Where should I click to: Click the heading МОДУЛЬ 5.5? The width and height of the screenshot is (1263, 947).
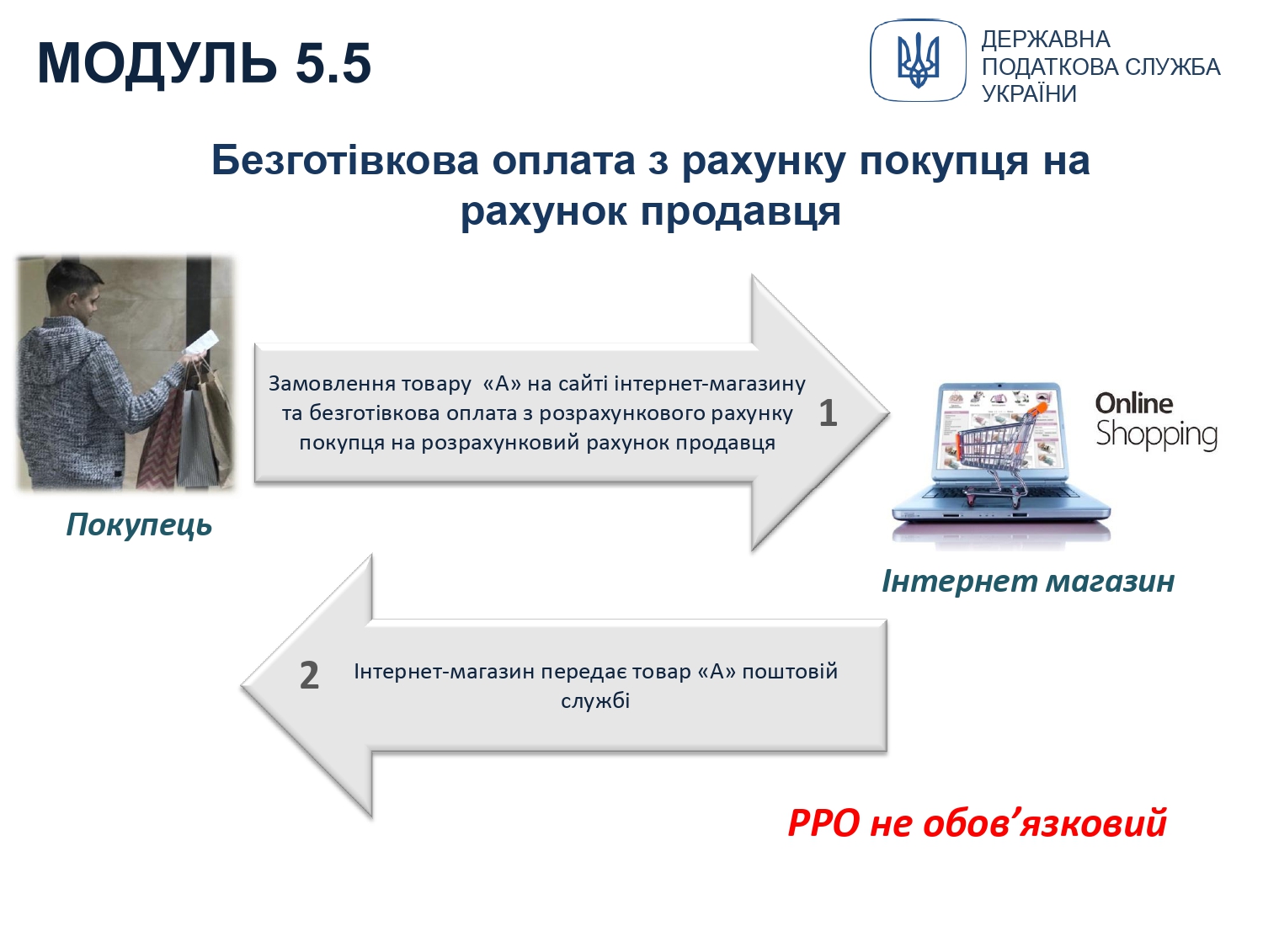pyautogui.click(x=205, y=63)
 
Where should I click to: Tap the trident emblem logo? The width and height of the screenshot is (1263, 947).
pyautogui.click(x=918, y=61)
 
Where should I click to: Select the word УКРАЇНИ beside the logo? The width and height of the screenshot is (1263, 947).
pyautogui.click(x=1029, y=94)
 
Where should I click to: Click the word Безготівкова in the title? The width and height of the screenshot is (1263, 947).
pyautogui.click(x=344, y=160)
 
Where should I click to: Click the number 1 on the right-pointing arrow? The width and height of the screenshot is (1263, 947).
pyautogui.click(x=828, y=413)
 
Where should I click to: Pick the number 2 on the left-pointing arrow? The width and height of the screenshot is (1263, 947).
pyautogui.click(x=309, y=675)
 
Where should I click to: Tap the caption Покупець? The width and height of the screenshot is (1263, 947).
pyautogui.click(x=139, y=525)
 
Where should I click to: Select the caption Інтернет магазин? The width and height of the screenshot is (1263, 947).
pyautogui.click(x=1028, y=581)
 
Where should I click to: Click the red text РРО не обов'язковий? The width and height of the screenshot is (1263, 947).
pyautogui.click(x=977, y=822)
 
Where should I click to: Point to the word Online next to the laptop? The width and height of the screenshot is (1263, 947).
pyautogui.click(x=1134, y=404)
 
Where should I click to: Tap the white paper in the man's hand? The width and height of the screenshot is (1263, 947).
pyautogui.click(x=201, y=343)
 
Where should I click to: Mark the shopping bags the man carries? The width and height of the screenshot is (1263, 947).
pyautogui.click(x=187, y=425)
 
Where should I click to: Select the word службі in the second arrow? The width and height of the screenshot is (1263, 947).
pyautogui.click(x=595, y=701)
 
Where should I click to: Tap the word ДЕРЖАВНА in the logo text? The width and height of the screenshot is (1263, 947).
pyautogui.click(x=1046, y=40)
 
